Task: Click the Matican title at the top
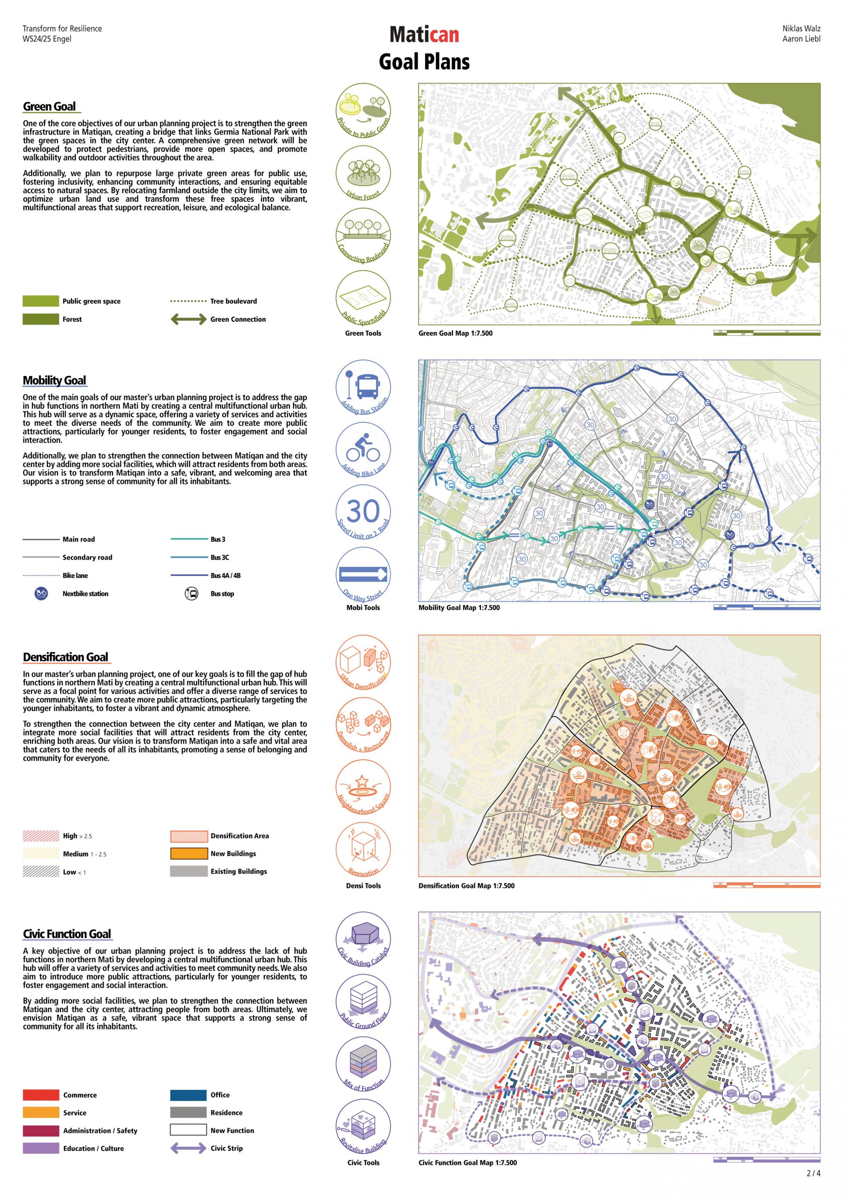point(424,35)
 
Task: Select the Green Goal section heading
point(49,106)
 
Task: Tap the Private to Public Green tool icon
point(363,110)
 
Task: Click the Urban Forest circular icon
point(363,172)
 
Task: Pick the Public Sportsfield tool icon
point(363,298)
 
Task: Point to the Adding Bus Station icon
point(363,387)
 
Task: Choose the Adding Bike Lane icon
point(363,450)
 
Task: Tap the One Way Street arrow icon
point(363,574)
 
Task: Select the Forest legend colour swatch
point(41,319)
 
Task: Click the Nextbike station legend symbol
point(41,594)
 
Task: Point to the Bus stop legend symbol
point(192,594)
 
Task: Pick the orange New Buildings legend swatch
point(189,854)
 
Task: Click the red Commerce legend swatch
point(41,1095)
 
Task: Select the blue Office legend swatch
point(188,1095)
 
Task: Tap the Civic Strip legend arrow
point(188,1148)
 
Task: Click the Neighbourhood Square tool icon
point(363,787)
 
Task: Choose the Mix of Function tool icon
point(363,1064)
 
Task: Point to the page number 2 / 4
point(813,1173)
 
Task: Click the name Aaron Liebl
point(801,39)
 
